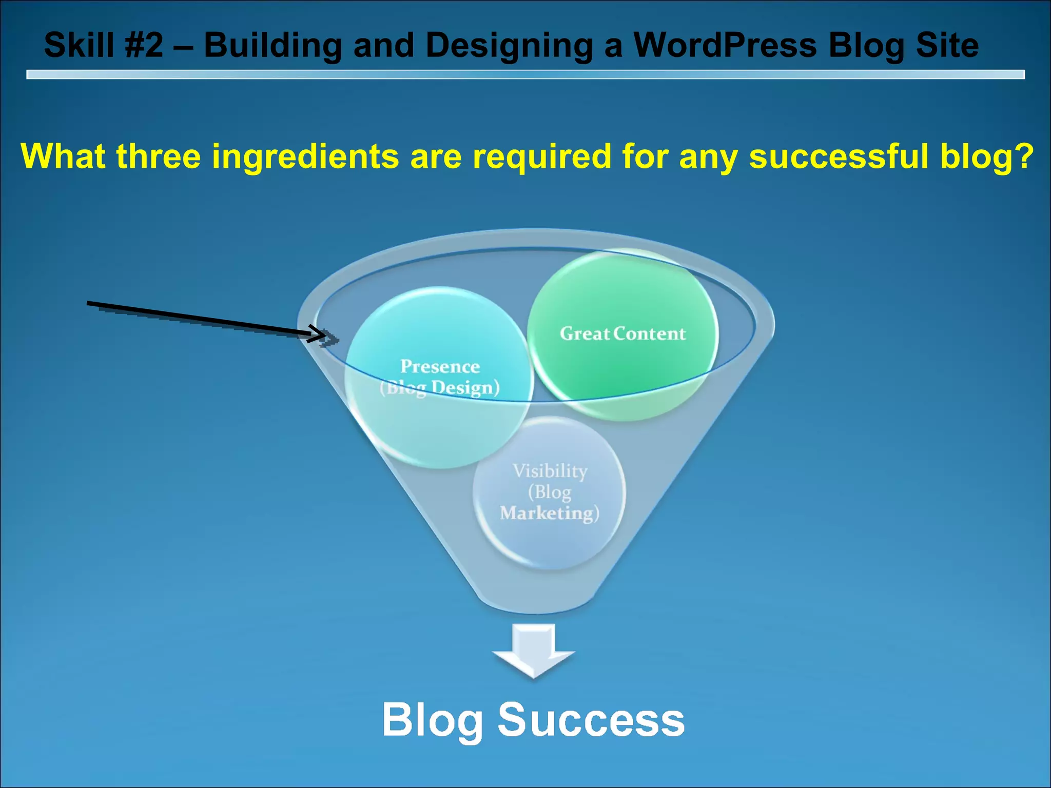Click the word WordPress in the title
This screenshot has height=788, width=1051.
pos(725,45)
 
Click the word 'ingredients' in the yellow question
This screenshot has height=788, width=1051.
pos(305,156)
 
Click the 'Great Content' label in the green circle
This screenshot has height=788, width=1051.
pos(622,334)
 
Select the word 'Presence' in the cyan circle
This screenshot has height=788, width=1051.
pos(440,366)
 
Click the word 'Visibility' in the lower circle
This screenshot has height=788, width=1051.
pos(550,470)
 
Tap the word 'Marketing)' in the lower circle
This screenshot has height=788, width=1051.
pos(550,513)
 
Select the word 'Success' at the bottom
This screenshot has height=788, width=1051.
pos(591,719)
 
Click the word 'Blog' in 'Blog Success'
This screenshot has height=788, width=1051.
pos(433,720)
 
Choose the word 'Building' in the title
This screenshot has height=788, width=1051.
pos(273,45)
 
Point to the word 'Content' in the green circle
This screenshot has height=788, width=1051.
pos(649,334)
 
